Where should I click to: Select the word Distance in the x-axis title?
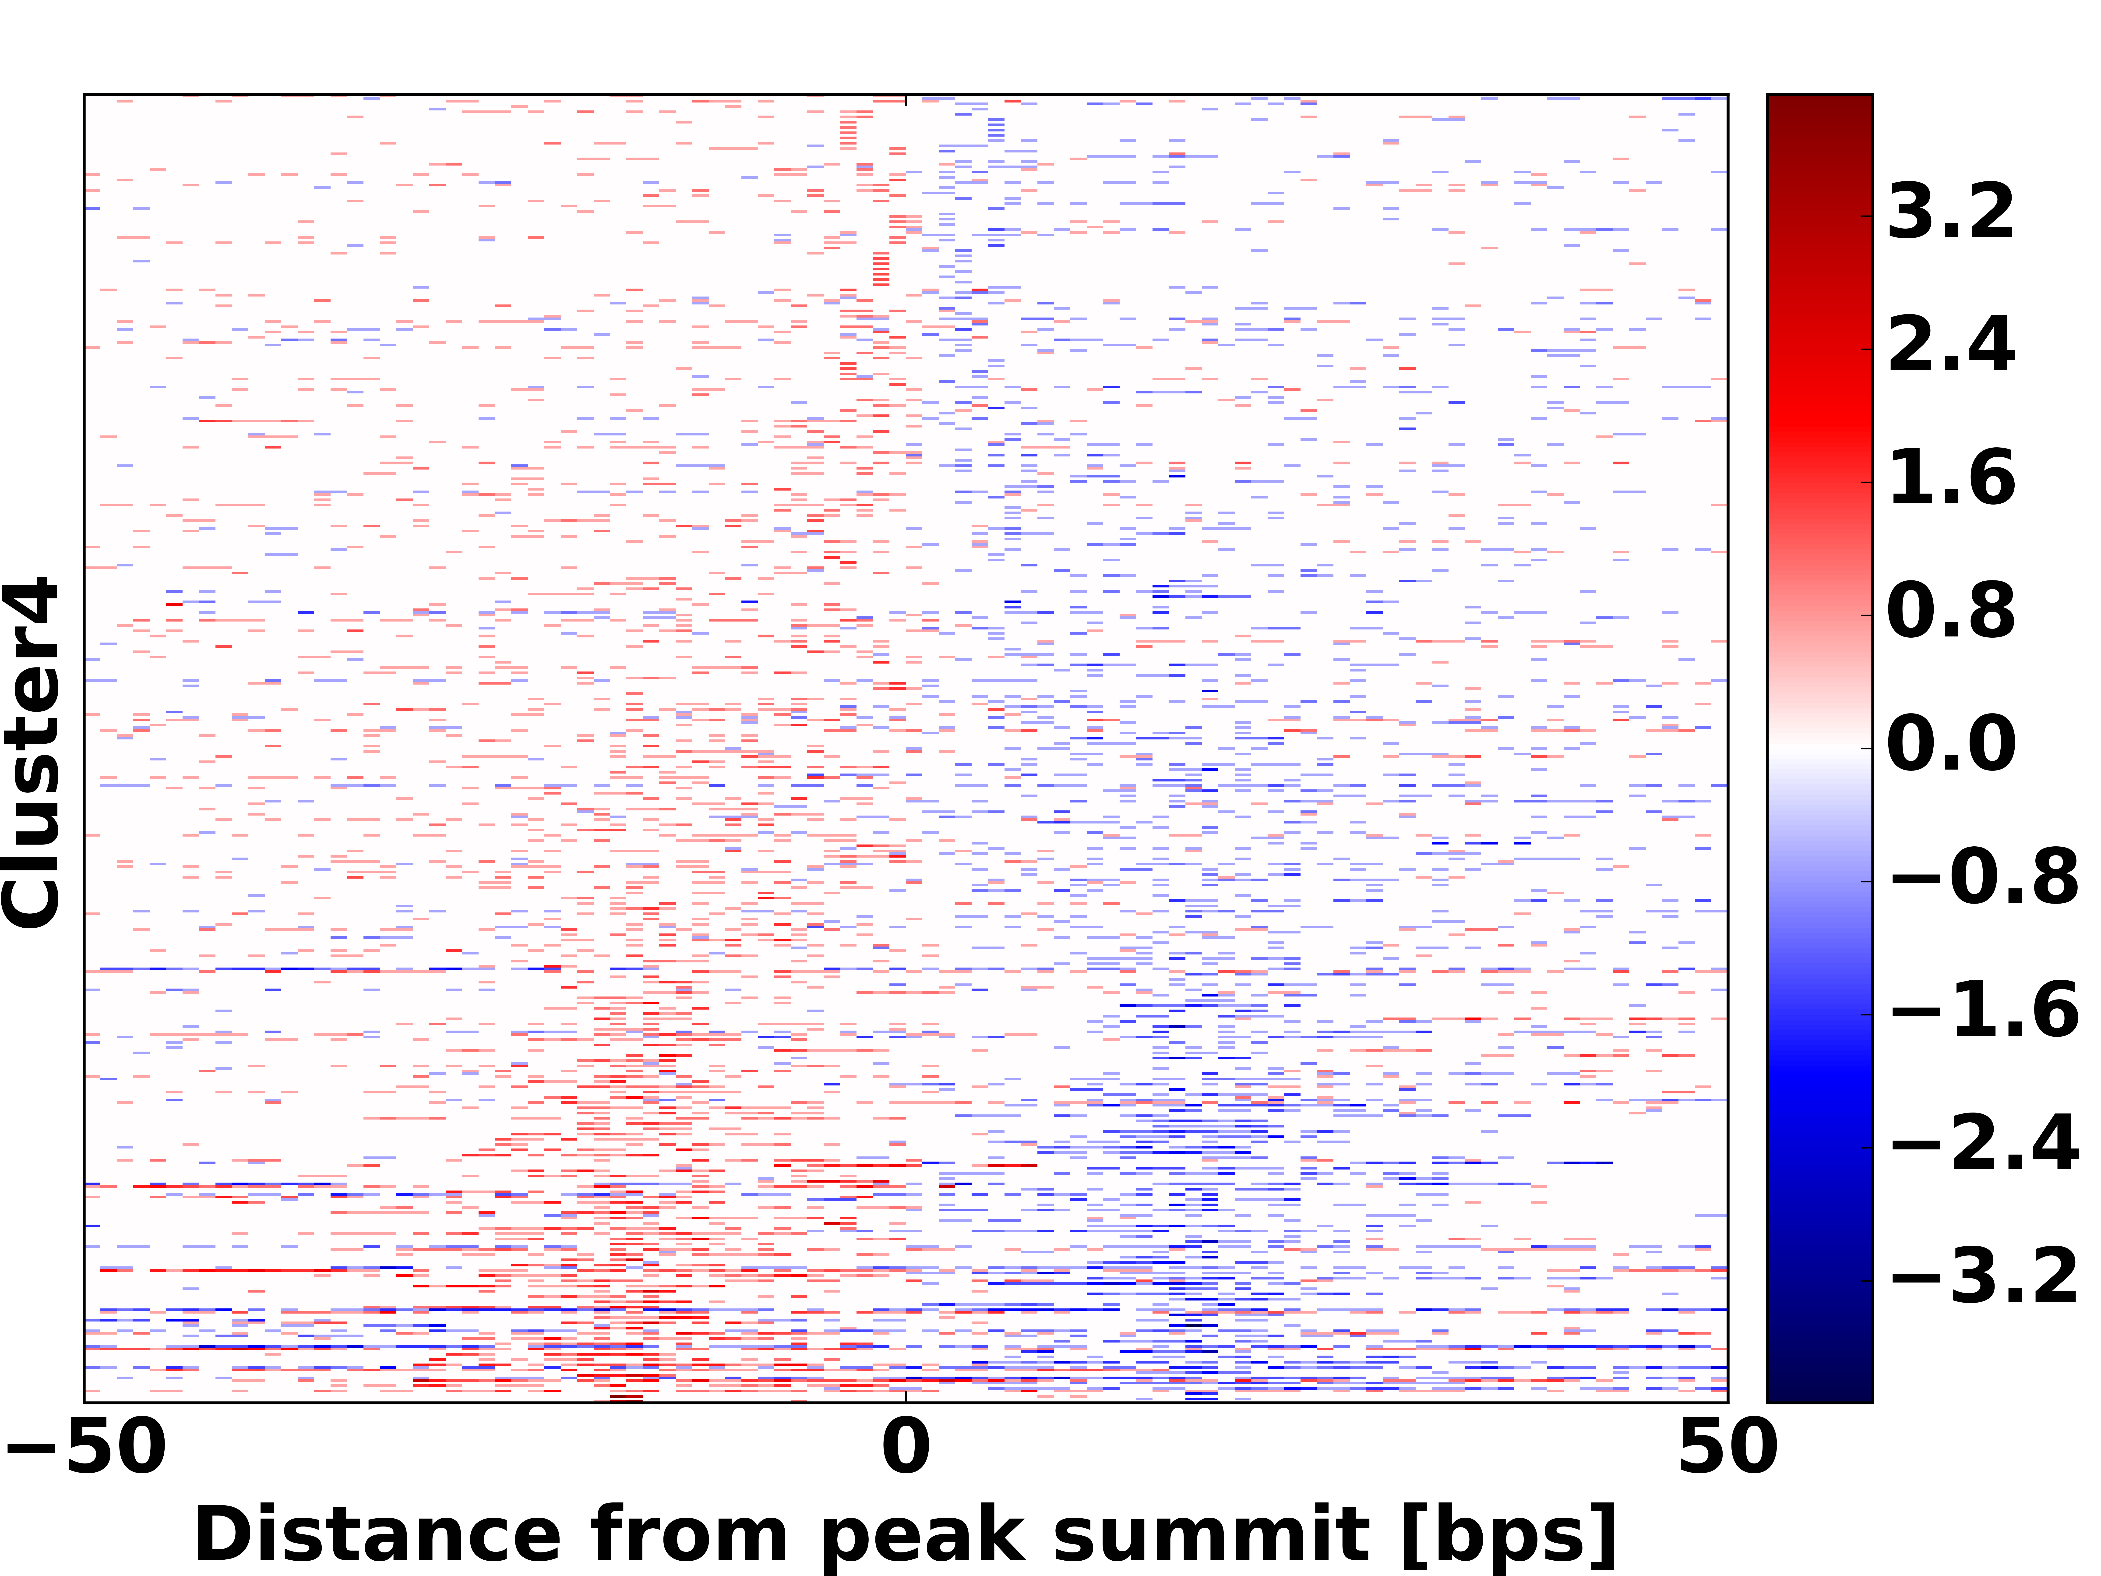pyautogui.click(x=378, y=1536)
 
